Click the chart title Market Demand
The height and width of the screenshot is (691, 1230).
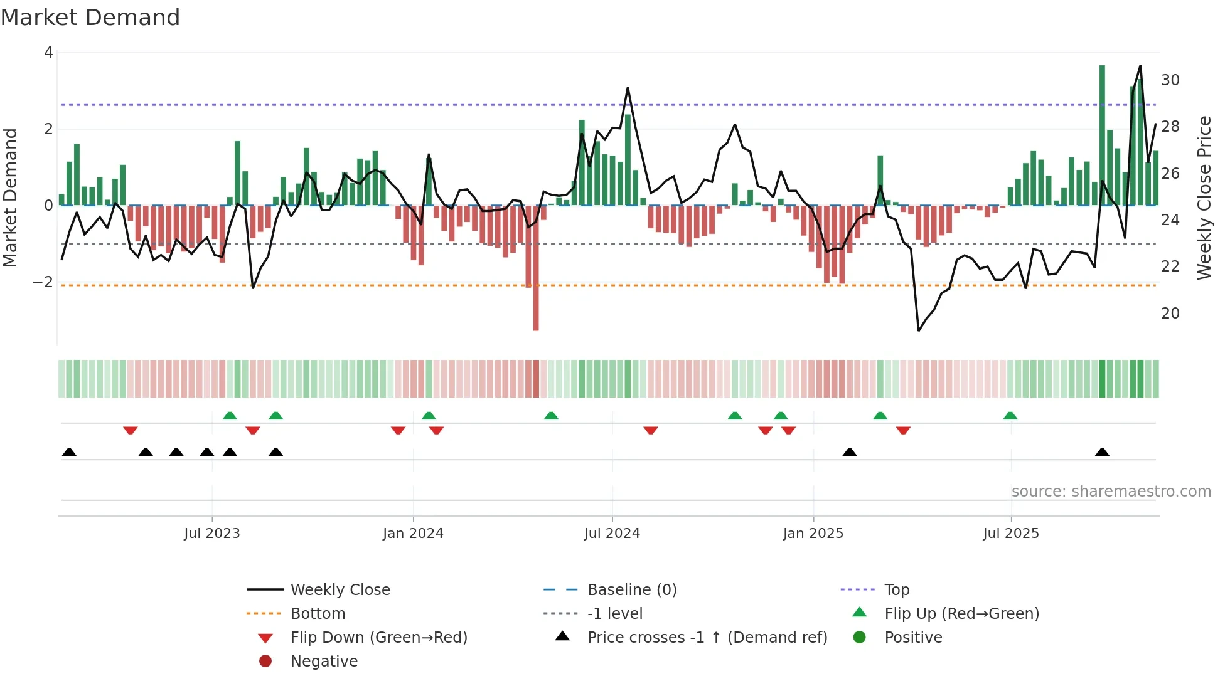(90, 18)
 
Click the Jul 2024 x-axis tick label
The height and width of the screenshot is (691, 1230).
(612, 534)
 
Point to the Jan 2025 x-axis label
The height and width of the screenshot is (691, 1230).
(813, 534)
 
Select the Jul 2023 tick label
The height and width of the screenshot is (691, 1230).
(212, 534)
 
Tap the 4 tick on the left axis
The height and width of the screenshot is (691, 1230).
(48, 53)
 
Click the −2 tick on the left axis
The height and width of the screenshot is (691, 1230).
(43, 282)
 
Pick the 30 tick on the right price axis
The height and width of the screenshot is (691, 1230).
(1170, 80)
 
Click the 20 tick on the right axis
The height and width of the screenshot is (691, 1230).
(1170, 314)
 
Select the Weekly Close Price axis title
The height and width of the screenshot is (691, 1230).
(1204, 198)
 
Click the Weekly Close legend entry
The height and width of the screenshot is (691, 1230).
(340, 590)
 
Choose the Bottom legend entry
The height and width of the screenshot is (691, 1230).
(318, 614)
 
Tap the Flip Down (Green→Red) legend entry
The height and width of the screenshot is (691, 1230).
(378, 638)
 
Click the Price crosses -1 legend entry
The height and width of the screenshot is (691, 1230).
(707, 638)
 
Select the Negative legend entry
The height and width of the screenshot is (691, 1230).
(324, 662)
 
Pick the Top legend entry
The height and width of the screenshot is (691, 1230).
(897, 590)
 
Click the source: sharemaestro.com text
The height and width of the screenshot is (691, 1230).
(1111, 492)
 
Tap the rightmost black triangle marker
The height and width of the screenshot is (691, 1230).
(1102, 452)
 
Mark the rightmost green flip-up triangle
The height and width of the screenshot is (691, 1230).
(1010, 416)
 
